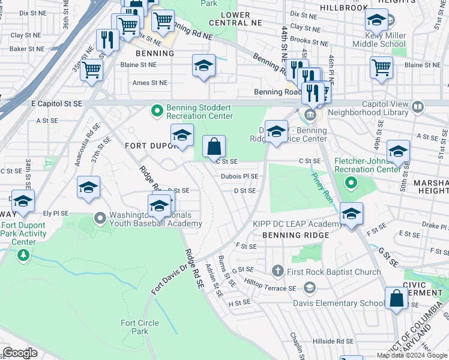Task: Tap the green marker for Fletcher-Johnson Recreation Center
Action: click(353, 181)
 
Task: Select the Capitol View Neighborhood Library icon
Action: click(418, 107)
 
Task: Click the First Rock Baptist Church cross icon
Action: click(277, 272)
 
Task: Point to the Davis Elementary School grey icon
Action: click(309, 287)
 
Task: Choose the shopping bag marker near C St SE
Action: click(214, 146)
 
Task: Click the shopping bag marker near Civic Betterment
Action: click(396, 298)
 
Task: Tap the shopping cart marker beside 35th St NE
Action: click(91, 69)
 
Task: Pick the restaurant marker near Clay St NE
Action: click(107, 40)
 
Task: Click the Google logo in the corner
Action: click(20, 353)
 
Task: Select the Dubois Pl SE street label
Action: click(239, 176)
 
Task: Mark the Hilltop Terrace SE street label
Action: click(270, 286)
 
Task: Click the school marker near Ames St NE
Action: click(203, 65)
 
